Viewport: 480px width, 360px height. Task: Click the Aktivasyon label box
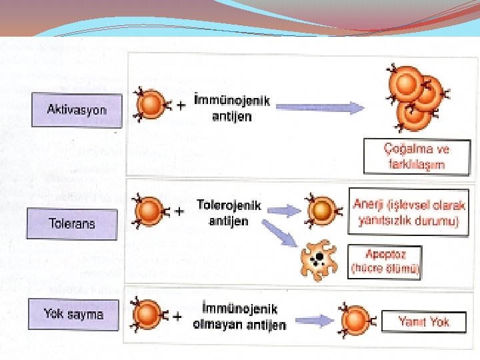point(76,109)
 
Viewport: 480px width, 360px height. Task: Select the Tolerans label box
point(72,223)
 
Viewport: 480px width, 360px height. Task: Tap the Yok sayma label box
point(73,313)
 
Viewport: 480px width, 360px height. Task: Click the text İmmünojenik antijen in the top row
point(231,109)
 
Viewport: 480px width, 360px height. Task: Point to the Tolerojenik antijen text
point(229,212)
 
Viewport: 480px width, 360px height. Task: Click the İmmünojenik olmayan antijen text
point(239,317)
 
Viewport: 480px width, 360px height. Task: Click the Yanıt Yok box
point(424,323)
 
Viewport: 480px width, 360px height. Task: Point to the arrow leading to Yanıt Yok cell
point(313,321)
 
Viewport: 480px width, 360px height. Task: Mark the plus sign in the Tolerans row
point(179,213)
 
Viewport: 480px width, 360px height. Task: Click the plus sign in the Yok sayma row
point(177,317)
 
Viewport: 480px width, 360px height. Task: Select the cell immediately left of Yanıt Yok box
point(353,321)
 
